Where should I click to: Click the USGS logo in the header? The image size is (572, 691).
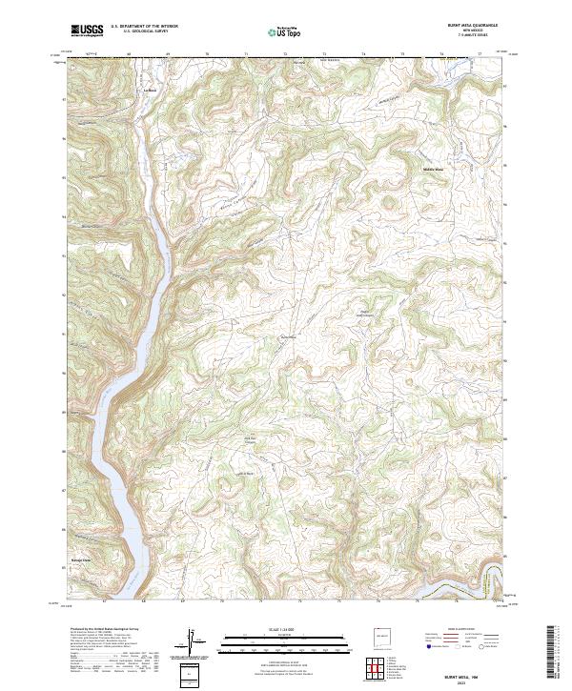87,31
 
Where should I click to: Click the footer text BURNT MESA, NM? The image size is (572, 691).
474,673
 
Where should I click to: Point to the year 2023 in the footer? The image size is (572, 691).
474,681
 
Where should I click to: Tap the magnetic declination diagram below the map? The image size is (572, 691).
192,643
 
